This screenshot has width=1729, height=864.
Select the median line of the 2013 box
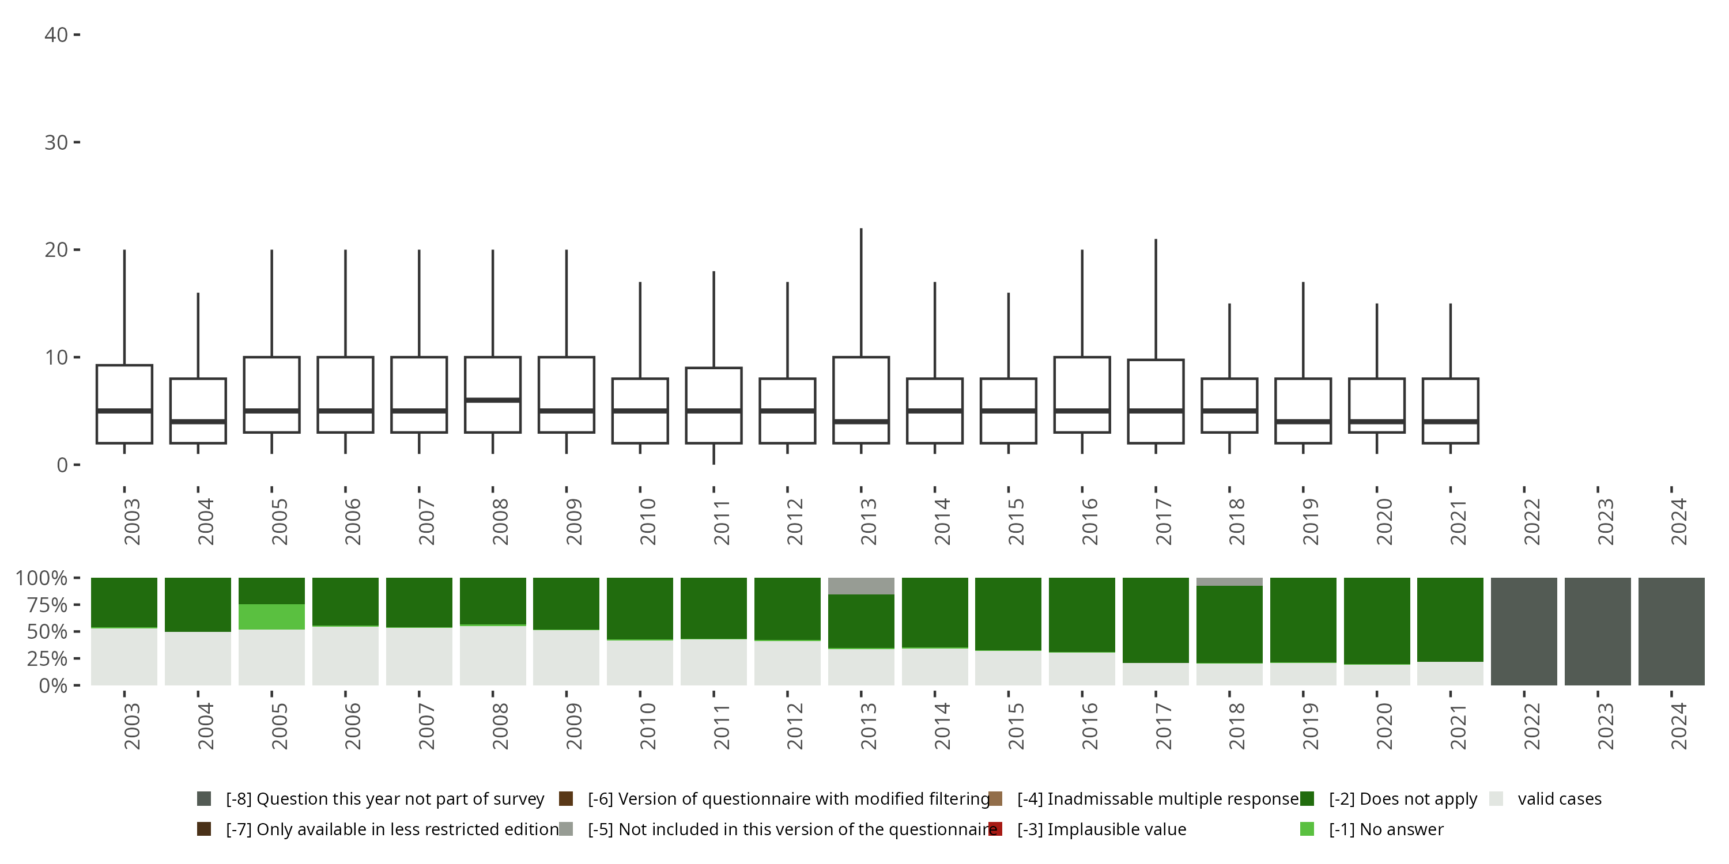click(861, 421)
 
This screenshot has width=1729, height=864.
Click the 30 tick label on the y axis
click(56, 142)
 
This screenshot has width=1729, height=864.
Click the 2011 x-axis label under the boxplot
click(720, 522)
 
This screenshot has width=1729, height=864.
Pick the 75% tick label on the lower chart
click(47, 605)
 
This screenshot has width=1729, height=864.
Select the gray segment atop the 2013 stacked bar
click(861, 586)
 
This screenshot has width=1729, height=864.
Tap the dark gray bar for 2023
click(1598, 631)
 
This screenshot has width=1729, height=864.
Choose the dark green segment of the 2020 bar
click(1377, 620)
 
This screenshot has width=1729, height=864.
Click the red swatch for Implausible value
click(996, 829)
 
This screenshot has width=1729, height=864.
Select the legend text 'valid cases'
click(1559, 799)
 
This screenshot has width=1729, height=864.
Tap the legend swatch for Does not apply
click(1307, 799)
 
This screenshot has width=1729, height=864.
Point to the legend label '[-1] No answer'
click(1386, 829)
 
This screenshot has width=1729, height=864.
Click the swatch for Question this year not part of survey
click(204, 799)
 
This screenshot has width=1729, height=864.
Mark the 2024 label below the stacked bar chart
click(1678, 726)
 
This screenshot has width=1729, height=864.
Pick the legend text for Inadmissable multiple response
click(1158, 799)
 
